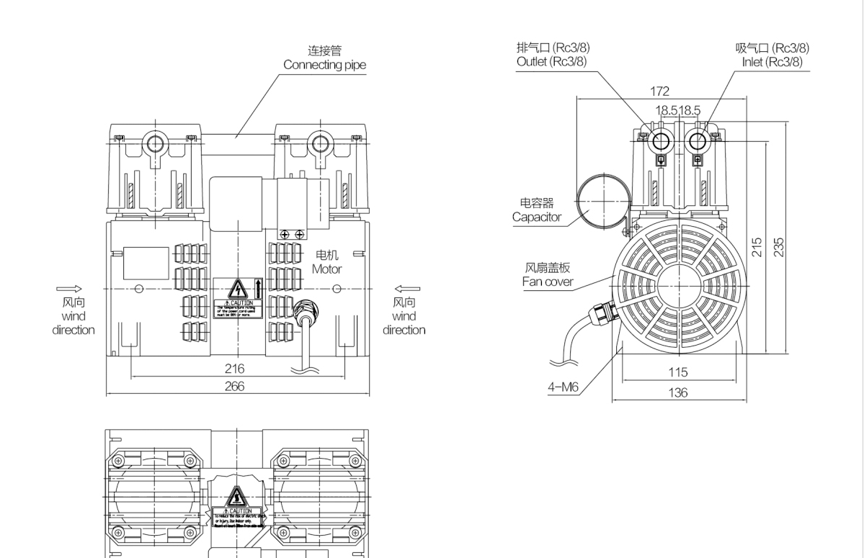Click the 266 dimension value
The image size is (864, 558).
click(234, 386)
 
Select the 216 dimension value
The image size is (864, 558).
click(234, 369)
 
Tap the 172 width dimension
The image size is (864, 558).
click(659, 91)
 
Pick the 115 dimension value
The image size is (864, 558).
click(678, 372)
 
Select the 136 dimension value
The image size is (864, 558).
click(678, 392)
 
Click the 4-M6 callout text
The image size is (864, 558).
click(562, 387)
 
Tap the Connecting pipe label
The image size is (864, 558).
click(324, 65)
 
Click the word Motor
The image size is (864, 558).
click(326, 269)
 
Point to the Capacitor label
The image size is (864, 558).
click(537, 217)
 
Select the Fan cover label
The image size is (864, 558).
click(548, 282)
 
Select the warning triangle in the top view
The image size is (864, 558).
click(237, 497)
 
